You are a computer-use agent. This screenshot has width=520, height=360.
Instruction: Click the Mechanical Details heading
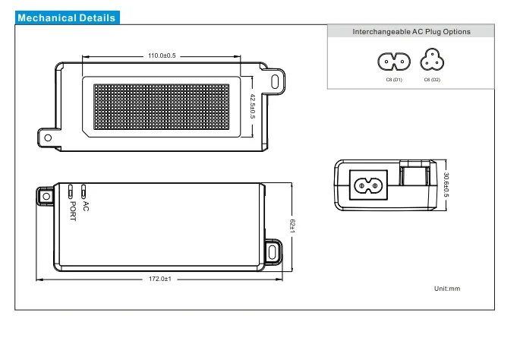point(67,18)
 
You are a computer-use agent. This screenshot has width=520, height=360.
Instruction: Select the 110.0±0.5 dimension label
point(162,55)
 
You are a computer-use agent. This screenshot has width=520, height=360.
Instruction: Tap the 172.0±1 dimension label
point(160,279)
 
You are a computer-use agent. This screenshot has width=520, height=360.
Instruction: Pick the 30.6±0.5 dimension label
point(446,185)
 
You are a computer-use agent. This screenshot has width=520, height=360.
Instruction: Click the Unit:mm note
point(447,289)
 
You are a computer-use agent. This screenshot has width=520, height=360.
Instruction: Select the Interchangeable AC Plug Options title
point(411,32)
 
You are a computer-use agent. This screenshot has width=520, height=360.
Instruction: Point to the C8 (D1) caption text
point(394,80)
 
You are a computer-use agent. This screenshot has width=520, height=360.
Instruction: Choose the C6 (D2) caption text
point(432,80)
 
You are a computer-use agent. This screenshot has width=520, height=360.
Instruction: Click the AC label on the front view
point(85,207)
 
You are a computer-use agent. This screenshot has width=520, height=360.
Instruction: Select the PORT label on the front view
point(73,211)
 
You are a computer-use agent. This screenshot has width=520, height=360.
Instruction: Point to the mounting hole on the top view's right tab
point(276,81)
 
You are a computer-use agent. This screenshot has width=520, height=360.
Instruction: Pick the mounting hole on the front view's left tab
point(46,195)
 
